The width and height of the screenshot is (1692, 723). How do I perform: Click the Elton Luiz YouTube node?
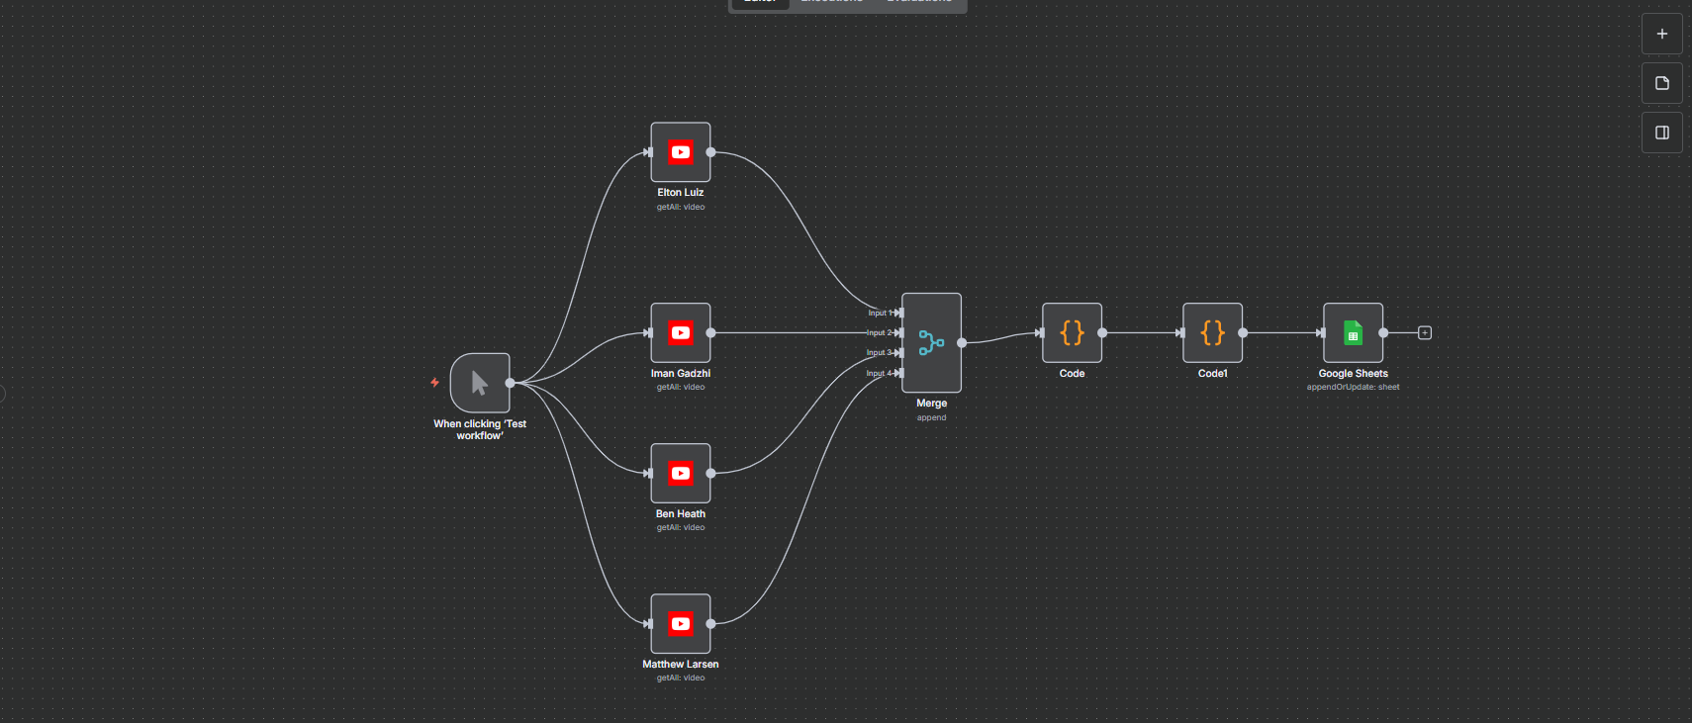681,152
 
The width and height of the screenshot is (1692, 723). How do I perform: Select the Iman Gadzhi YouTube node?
681,332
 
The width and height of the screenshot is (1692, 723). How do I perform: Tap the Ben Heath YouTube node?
681,473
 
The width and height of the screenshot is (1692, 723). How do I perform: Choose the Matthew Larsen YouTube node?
681,623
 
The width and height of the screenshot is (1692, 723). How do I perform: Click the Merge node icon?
931,342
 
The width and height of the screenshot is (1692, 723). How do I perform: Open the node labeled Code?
1072,332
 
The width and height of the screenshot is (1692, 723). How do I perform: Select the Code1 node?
1212,332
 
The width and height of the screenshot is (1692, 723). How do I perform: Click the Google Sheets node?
1353,332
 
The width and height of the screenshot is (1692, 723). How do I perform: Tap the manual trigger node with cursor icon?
480,383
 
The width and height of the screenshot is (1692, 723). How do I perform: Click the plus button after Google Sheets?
1425,332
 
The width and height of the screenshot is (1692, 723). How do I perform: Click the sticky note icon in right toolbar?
1662,83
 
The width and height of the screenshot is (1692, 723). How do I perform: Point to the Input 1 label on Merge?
879,313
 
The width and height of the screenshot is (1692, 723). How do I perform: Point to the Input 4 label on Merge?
878,373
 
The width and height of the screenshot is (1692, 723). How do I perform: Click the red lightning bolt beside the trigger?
434,382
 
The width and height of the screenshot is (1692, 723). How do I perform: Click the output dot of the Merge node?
962,343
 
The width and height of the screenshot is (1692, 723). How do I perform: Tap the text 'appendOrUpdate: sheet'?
1353,387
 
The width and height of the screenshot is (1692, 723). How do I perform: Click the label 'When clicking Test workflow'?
480,429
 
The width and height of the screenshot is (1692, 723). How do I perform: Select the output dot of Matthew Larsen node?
710,623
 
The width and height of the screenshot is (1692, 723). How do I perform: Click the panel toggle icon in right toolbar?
1662,133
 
